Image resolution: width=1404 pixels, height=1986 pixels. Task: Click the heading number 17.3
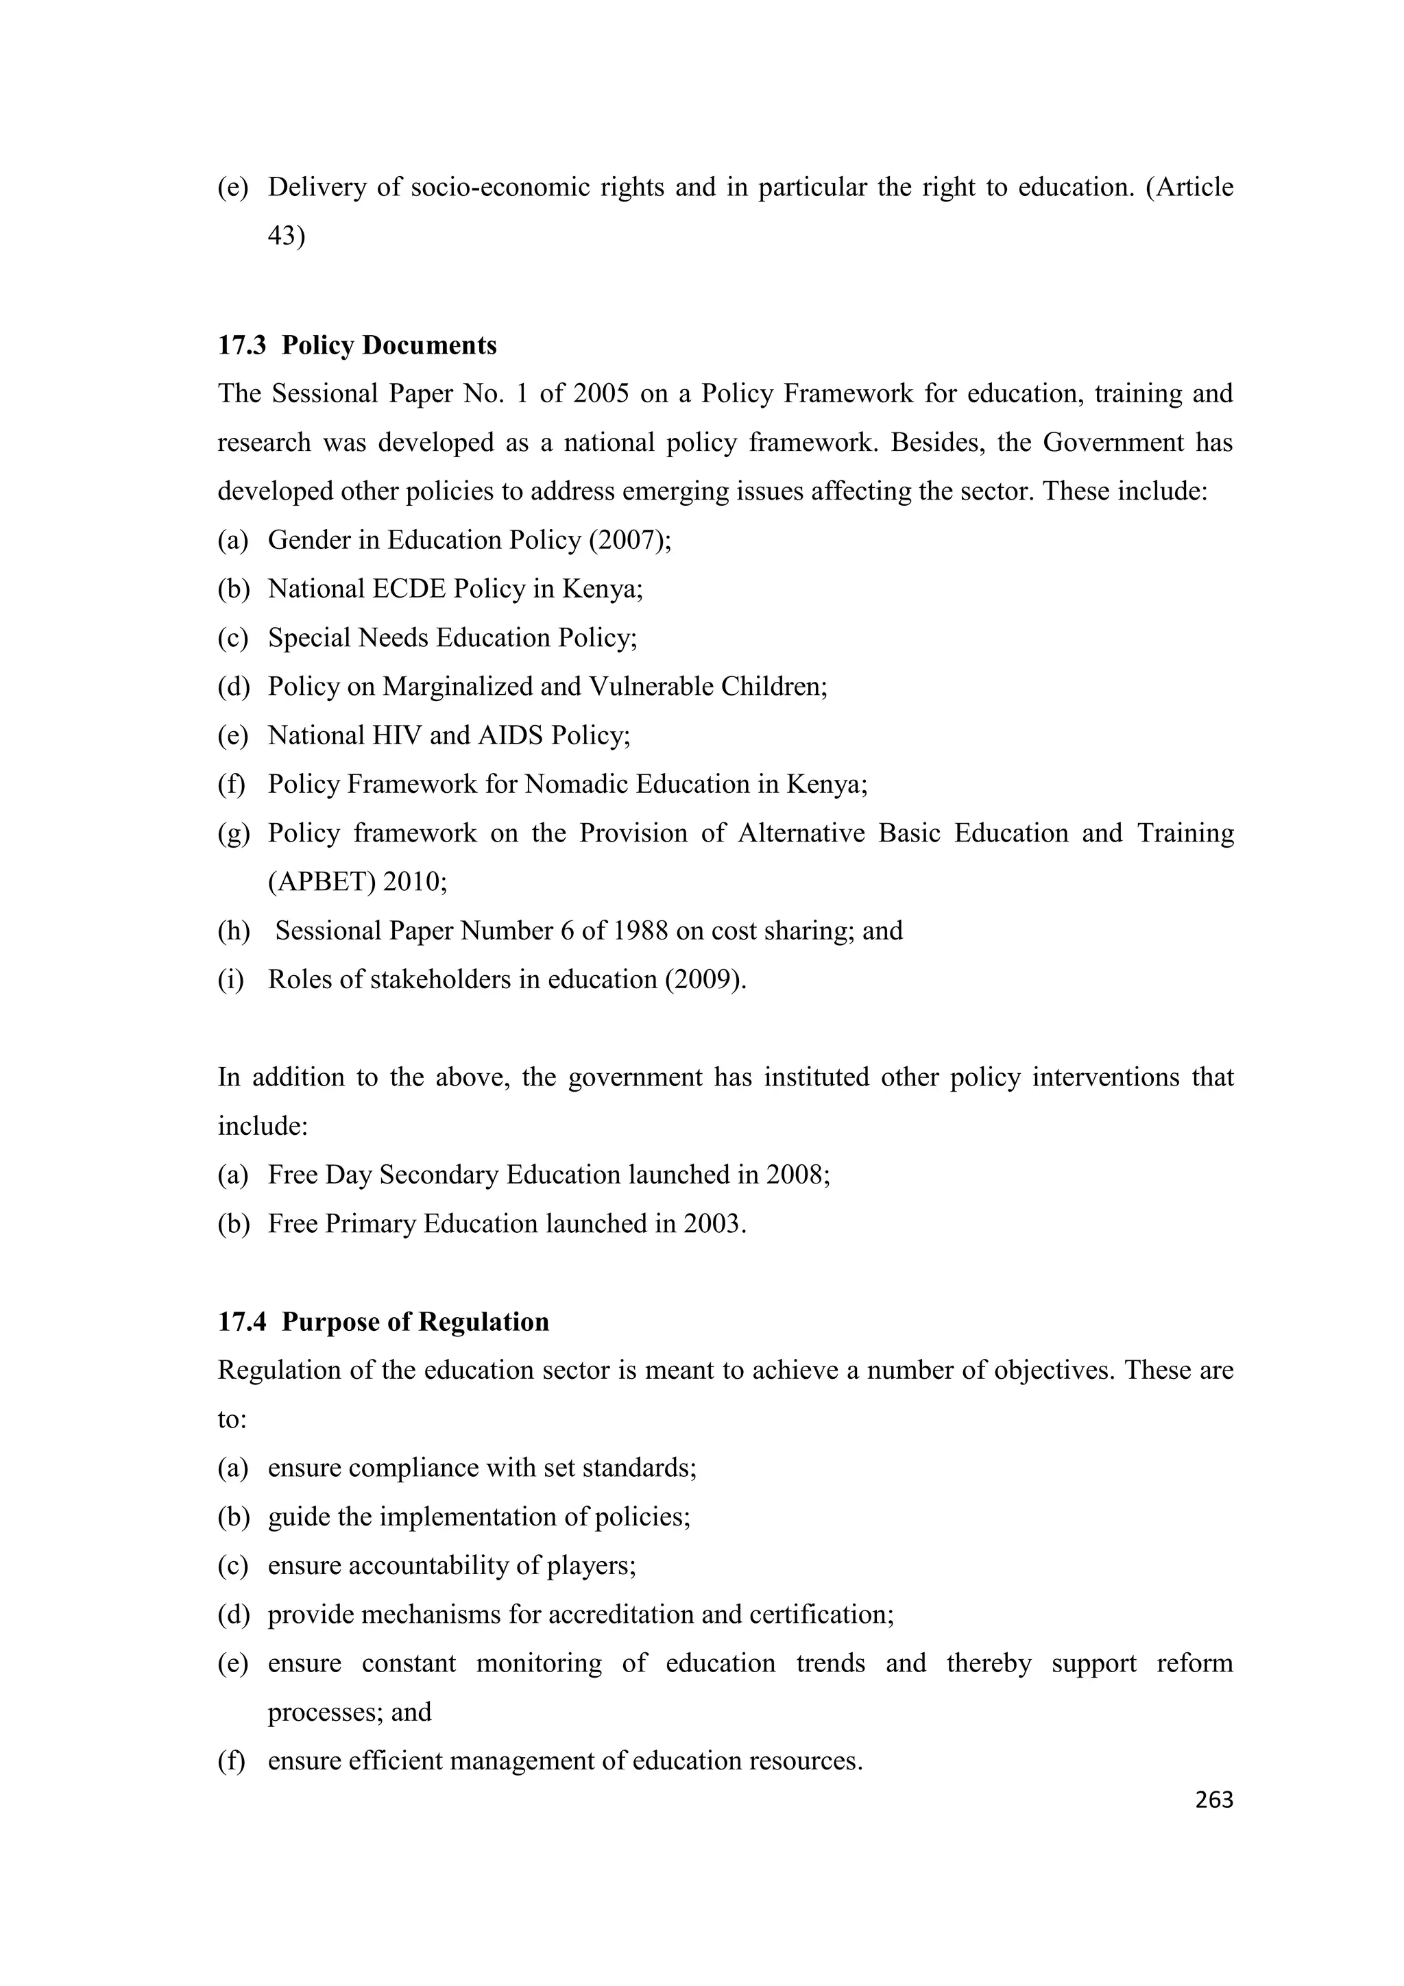click(x=242, y=345)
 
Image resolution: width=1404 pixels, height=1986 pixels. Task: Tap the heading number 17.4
click(x=242, y=1322)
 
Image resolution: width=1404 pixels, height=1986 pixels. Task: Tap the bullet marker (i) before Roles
click(x=231, y=980)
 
